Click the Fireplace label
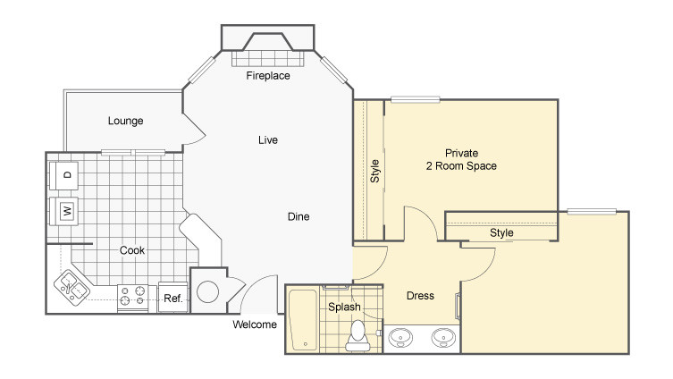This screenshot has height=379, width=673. [268, 76]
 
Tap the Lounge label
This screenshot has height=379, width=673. [125, 121]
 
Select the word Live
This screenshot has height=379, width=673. [268, 140]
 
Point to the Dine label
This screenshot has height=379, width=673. [299, 216]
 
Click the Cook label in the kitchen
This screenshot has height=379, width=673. [131, 250]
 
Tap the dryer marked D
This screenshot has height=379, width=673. [63, 175]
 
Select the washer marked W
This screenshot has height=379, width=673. [63, 211]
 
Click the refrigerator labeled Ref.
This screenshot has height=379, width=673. [173, 297]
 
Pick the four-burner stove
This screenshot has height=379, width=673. [132, 299]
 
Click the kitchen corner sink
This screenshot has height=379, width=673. [72, 288]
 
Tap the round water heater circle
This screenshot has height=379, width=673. [207, 292]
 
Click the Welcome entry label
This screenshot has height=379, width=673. [255, 324]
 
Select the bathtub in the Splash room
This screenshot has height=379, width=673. [303, 320]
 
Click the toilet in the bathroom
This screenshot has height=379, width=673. [358, 336]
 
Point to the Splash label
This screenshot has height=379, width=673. [344, 307]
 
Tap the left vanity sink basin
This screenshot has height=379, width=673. [400, 337]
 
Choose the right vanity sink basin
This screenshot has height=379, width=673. [443, 337]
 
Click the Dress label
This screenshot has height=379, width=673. [420, 296]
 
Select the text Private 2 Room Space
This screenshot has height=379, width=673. [461, 160]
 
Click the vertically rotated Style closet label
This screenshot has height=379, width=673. [374, 171]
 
